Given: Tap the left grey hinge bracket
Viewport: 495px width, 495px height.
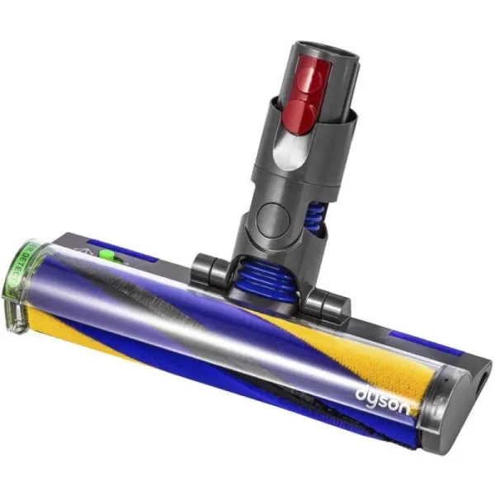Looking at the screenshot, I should coord(207,269).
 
